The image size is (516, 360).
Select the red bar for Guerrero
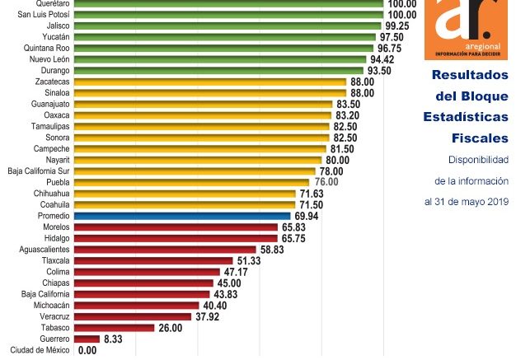87,339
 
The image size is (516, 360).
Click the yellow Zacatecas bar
209,82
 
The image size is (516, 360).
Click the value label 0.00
87,350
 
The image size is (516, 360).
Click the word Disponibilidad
478,159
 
